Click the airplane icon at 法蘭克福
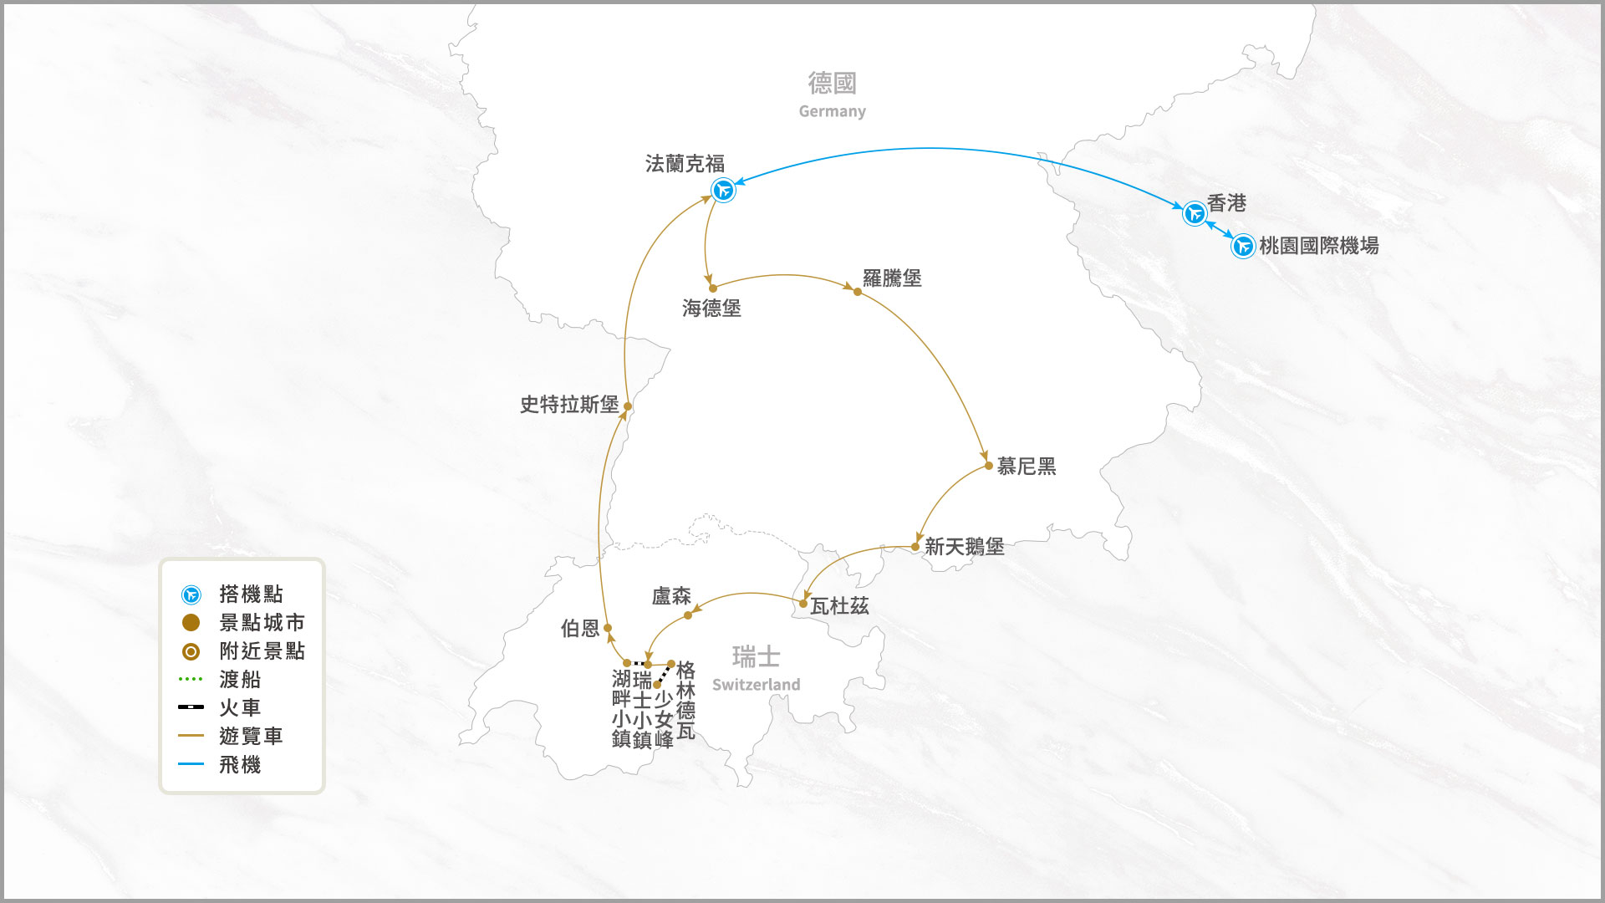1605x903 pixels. (723, 190)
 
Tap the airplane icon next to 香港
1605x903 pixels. (1195, 213)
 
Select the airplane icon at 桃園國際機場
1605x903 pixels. (1243, 246)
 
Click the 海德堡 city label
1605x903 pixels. (711, 309)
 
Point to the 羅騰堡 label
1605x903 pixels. (892, 278)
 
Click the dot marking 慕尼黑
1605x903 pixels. (989, 466)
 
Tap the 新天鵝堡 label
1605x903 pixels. (964, 547)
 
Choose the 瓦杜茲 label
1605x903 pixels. (839, 606)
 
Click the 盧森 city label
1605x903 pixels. (671, 596)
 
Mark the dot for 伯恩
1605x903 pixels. (608, 628)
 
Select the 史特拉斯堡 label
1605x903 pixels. (569, 405)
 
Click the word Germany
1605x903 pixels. (832, 111)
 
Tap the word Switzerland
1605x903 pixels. (756, 685)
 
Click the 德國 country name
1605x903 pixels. (832, 83)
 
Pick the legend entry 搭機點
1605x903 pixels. (251, 594)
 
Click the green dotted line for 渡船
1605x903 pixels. (191, 679)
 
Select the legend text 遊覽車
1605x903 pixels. (251, 736)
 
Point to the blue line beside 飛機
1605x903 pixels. (191, 764)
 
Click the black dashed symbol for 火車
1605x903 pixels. (191, 707)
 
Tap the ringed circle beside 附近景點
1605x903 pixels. (191, 651)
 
